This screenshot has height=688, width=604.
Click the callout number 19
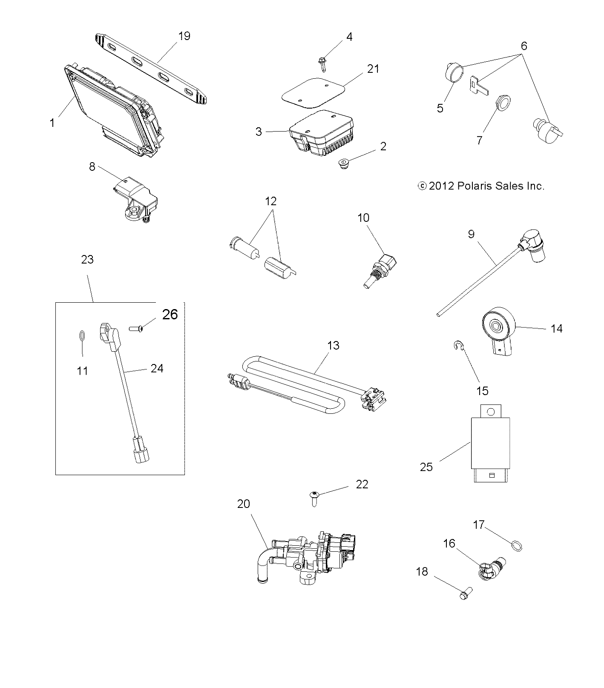tap(184, 36)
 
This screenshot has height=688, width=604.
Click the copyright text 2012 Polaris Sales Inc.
tap(481, 186)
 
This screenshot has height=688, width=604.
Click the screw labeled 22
tap(314, 497)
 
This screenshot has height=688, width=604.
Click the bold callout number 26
tap(170, 314)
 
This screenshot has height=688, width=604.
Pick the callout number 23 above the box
tap(87, 259)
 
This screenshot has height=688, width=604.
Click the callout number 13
tap(333, 345)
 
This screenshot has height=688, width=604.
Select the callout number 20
tap(243, 504)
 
